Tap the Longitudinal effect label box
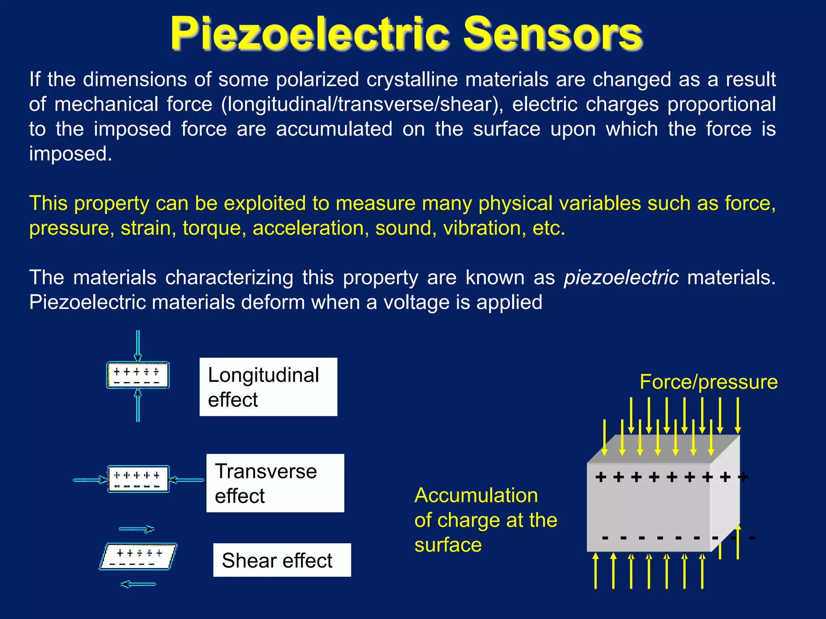[x=268, y=387]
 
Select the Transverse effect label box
[x=275, y=483]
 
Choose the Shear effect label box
[x=282, y=560]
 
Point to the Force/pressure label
[x=709, y=382]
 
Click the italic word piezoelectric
[x=621, y=277]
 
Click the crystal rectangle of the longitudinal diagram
[x=138, y=375]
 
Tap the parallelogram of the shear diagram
[x=138, y=557]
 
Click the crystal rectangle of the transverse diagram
[x=138, y=479]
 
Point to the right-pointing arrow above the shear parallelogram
[x=137, y=529]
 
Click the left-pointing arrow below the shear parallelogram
[x=138, y=584]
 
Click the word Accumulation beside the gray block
[x=476, y=495]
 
